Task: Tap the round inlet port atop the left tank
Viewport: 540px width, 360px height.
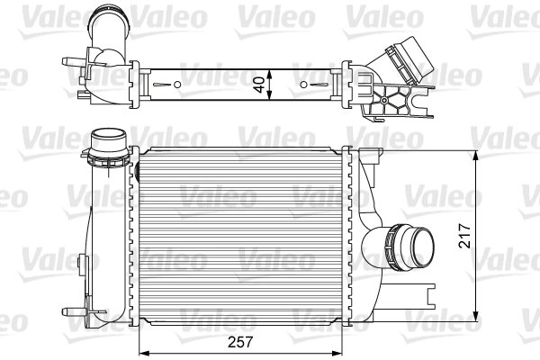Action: point(110,141)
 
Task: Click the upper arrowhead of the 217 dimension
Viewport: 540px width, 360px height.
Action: point(476,153)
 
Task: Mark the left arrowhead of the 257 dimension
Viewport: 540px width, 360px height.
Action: point(142,351)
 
